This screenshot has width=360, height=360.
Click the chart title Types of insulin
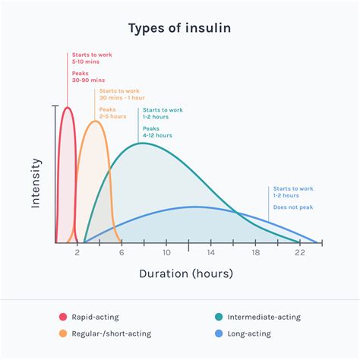click(x=179, y=29)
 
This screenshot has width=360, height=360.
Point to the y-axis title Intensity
click(x=35, y=182)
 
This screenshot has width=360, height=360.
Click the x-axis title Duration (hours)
click(x=185, y=273)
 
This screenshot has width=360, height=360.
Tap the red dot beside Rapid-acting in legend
click(x=62, y=317)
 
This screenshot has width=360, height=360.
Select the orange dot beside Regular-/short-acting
click(x=62, y=333)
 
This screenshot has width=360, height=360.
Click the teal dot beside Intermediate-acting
click(x=219, y=317)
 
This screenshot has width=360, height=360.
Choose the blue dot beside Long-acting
click(x=219, y=333)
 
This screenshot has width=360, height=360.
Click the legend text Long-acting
click(x=254, y=333)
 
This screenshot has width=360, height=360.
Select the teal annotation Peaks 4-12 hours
click(x=157, y=132)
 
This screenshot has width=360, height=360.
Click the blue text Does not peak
click(x=293, y=207)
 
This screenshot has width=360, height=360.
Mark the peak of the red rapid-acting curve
click(x=67, y=107)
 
